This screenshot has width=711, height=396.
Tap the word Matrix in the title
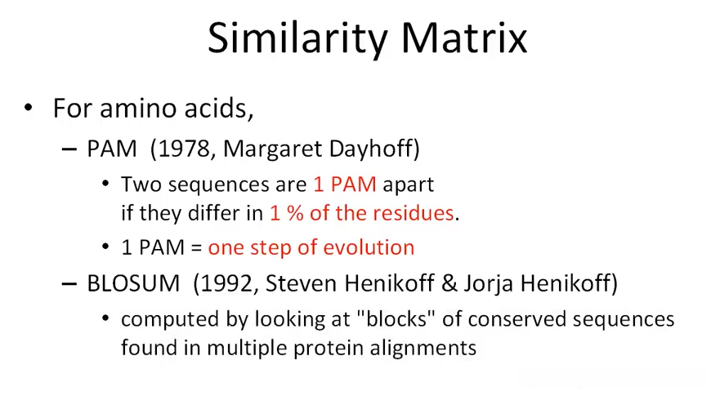464,38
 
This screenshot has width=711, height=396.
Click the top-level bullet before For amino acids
29,108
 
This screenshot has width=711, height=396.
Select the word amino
138,109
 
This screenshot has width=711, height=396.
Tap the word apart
408,185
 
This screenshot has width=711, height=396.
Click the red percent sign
295,213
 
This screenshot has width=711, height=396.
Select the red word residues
417,212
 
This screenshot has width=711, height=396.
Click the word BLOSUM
133,283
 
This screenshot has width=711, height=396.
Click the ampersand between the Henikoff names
449,283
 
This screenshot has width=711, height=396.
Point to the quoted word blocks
396,319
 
